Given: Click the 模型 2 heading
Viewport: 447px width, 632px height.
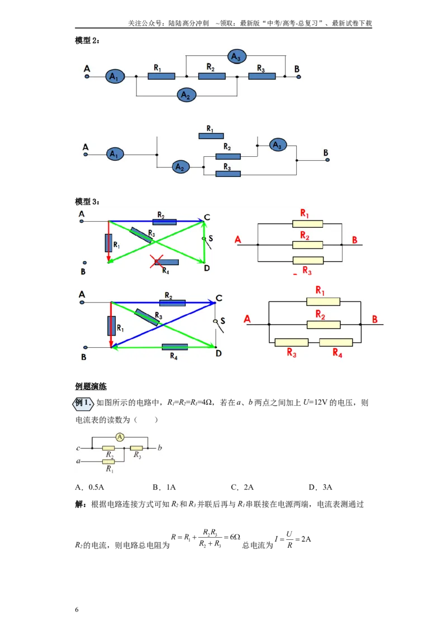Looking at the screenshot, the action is (87, 40).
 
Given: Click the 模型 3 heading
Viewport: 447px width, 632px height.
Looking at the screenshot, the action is (87, 202).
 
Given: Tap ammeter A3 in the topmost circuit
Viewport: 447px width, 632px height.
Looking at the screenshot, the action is (236, 57).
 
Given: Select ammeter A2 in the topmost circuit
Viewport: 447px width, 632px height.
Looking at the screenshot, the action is (186, 95).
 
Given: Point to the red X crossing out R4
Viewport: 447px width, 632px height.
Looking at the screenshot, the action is (156, 261).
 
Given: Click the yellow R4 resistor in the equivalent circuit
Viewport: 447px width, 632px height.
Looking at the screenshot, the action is (336, 343).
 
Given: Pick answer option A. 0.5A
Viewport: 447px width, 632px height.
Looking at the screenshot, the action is (89, 487).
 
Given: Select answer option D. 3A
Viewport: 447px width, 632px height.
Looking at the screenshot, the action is (320, 487).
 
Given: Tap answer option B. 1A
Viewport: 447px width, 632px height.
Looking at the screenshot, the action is (164, 487).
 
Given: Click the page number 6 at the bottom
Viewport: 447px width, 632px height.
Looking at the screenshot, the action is (77, 610).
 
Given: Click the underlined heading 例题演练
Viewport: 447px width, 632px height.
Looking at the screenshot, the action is (91, 386).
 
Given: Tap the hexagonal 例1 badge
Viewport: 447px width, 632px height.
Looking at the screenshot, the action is (83, 403).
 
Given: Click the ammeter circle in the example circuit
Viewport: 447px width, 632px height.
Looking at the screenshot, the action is (120, 437).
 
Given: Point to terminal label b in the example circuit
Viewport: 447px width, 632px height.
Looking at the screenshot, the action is (160, 447).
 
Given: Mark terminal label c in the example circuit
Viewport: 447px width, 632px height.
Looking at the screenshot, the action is (78, 448).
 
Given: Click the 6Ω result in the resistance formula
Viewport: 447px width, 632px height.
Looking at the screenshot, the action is (235, 537).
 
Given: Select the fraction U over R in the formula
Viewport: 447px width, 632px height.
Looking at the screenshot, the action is (289, 540).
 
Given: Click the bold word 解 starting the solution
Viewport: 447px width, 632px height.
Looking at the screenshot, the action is (79, 504).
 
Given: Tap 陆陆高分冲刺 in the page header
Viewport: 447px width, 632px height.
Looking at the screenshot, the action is (188, 23).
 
